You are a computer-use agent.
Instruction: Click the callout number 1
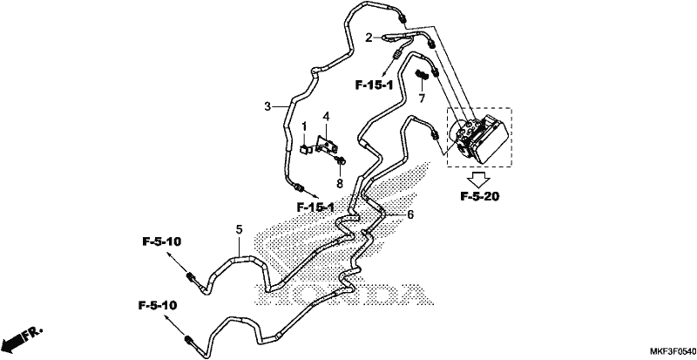pos(304,126)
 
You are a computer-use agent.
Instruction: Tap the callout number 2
pos(369,37)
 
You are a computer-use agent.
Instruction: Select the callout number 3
pos(267,106)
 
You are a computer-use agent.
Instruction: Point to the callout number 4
pos(326,117)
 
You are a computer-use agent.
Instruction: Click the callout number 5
pos(239,229)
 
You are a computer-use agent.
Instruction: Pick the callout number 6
pos(410,215)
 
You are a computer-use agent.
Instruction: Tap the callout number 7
pos(422,98)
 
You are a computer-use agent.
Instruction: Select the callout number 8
pos(340,182)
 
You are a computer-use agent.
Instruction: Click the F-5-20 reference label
pos(480,196)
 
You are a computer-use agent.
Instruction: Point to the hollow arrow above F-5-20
pos(479,179)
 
